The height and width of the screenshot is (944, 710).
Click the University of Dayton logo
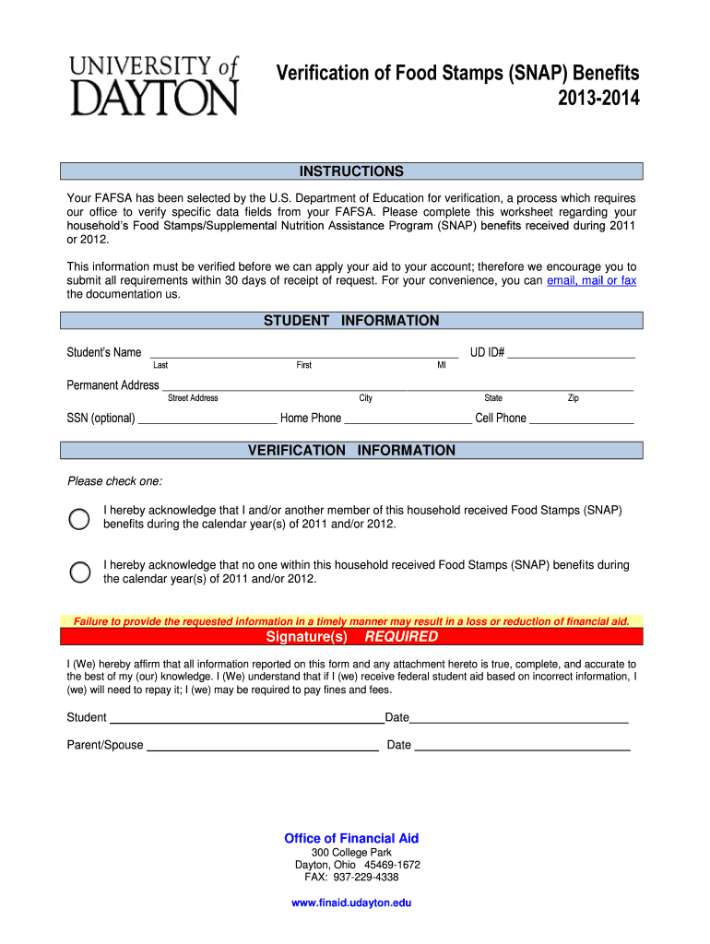coord(153,85)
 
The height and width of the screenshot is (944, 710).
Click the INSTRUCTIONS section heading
coord(351,171)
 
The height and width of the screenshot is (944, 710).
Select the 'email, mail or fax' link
coord(591,280)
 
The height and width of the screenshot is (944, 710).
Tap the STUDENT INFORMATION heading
coord(351,321)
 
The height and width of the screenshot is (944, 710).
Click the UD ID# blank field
coord(572,351)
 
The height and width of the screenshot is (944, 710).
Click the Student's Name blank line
coord(304,351)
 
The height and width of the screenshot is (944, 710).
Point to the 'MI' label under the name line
coord(441,366)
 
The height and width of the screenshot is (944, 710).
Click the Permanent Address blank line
coord(396,385)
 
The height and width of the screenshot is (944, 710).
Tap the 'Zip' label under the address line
coord(573,398)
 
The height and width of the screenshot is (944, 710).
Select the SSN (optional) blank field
coord(207,419)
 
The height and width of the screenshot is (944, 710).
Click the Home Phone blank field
coord(407,419)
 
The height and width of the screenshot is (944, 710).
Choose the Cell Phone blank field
coord(581,419)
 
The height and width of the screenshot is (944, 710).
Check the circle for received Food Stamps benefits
coord(80,518)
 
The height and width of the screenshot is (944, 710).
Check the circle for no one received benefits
coord(80,572)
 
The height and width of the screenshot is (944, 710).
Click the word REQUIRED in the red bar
coord(401,637)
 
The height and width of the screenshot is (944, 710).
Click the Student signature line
coord(246,718)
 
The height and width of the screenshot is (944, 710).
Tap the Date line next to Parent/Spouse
coord(522,746)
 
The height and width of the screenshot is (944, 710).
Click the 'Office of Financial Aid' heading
coord(351,838)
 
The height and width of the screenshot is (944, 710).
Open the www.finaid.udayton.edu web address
coord(351,903)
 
